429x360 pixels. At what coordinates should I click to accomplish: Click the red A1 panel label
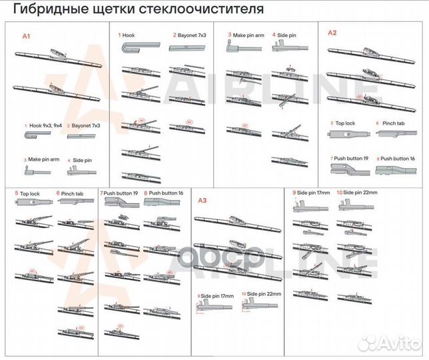pos(27,35)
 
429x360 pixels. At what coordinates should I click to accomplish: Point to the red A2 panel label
pos(332,33)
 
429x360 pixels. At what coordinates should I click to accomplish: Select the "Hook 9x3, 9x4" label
pos(45,125)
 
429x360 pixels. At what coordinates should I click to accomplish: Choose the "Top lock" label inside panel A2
pos(344,123)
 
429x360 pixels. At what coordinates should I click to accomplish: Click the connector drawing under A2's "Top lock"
pos(348,135)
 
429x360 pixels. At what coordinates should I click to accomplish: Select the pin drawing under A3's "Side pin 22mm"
pos(256,305)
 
